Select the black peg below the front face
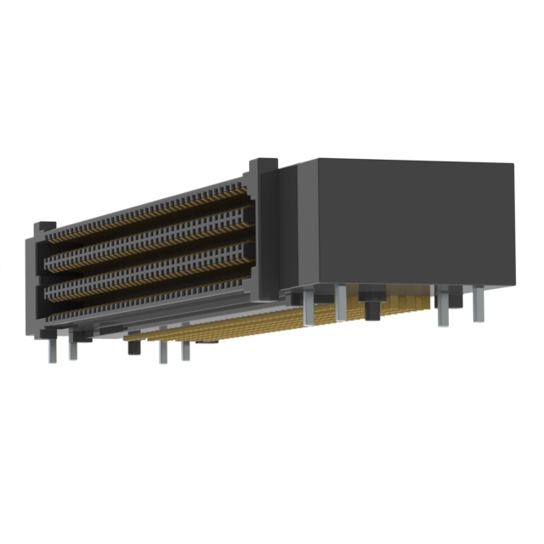133,348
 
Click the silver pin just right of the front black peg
162,352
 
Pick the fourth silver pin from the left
185,350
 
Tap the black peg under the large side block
371,307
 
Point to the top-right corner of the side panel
513,165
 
